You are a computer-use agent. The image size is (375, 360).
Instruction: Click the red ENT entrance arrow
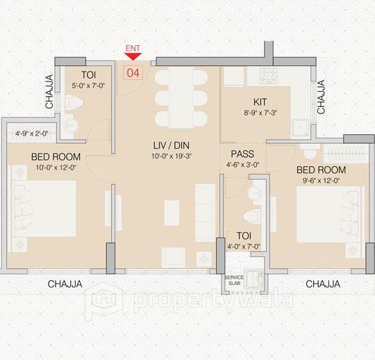click(x=133, y=57)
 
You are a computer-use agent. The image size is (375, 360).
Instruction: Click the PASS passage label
click(x=242, y=154)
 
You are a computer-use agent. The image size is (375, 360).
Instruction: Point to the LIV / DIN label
click(x=171, y=145)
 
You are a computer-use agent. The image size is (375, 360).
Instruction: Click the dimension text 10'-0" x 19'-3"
click(x=171, y=156)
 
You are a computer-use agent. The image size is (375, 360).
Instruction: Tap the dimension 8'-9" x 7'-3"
click(x=260, y=113)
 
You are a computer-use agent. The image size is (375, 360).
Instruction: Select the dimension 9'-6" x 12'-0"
click(x=322, y=181)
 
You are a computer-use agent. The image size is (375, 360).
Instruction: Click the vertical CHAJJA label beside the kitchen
click(x=321, y=97)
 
